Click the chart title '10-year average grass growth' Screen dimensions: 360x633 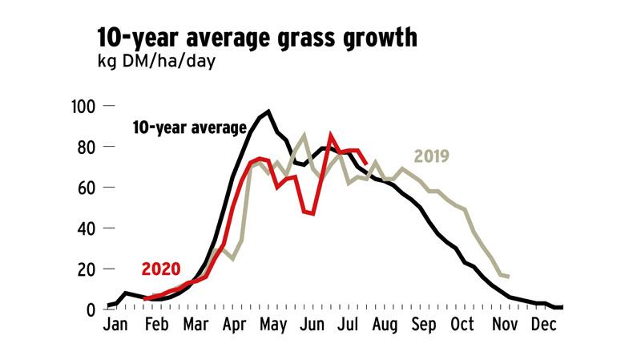pos(256,38)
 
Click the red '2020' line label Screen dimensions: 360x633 pos(160,269)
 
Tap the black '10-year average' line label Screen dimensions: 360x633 pos(189,127)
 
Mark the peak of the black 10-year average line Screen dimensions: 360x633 pos(268,111)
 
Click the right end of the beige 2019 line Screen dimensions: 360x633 pos(509,277)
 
